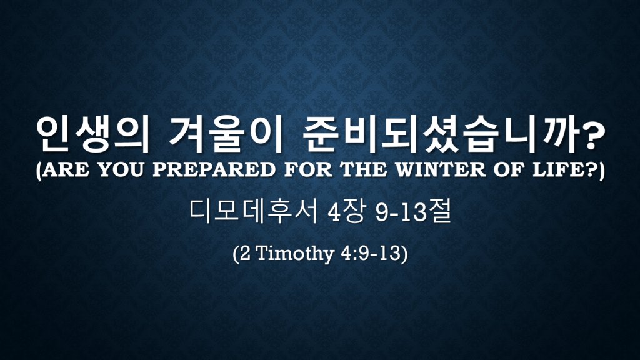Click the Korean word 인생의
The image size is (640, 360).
click(x=92, y=135)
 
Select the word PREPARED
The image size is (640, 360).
click(x=214, y=170)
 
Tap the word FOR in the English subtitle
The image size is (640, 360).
click(x=308, y=170)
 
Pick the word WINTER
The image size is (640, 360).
click(x=441, y=170)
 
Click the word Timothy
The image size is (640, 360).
click(x=295, y=254)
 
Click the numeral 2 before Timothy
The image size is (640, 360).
click(x=245, y=254)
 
